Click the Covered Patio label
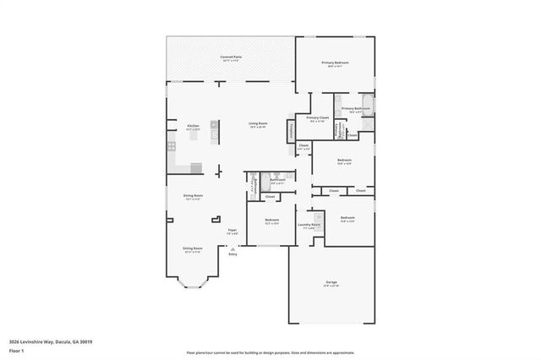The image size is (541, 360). pos(230,57)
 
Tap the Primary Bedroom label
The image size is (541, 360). pos(335,63)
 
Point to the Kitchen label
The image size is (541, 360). pos(193,127)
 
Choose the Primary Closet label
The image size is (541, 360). pos(318,118)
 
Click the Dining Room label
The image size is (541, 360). pos(193,197)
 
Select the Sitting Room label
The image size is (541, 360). pos(193,249)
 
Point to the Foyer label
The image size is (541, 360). pos(232,231)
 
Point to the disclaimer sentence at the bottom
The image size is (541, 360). pos(270,353)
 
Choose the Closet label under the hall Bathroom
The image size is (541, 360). pos(270,197)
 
